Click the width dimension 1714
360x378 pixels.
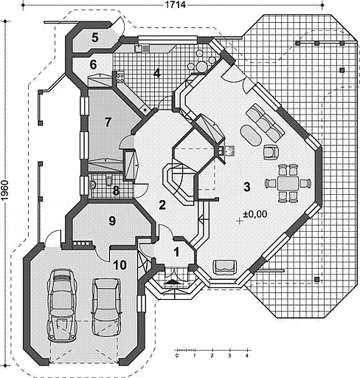coord(175,5)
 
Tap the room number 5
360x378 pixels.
coord(95,38)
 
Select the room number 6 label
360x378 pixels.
coord(93,65)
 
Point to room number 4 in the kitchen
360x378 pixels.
coord(157,73)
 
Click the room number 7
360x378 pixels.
coord(108,123)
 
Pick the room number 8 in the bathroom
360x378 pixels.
coord(116,190)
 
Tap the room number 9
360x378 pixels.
coord(112,221)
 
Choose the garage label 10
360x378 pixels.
coord(120,265)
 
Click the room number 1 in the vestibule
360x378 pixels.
coord(176,252)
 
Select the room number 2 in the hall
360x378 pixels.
coord(162,205)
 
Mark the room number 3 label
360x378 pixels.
coord(246,187)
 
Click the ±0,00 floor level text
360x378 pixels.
coord(255,214)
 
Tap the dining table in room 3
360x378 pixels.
coord(288,183)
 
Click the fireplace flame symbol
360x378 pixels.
coord(230,151)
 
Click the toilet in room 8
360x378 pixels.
coord(108,181)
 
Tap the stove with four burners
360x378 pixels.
coord(120,77)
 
